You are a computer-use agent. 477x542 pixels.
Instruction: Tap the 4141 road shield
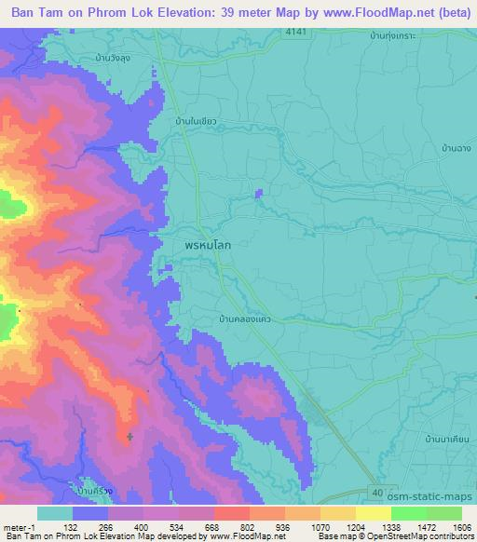point(295,34)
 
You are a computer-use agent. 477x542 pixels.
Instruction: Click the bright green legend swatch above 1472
point(409,513)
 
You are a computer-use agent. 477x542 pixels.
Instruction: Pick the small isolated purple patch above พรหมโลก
point(258,193)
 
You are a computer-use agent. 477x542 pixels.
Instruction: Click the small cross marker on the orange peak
point(129,436)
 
